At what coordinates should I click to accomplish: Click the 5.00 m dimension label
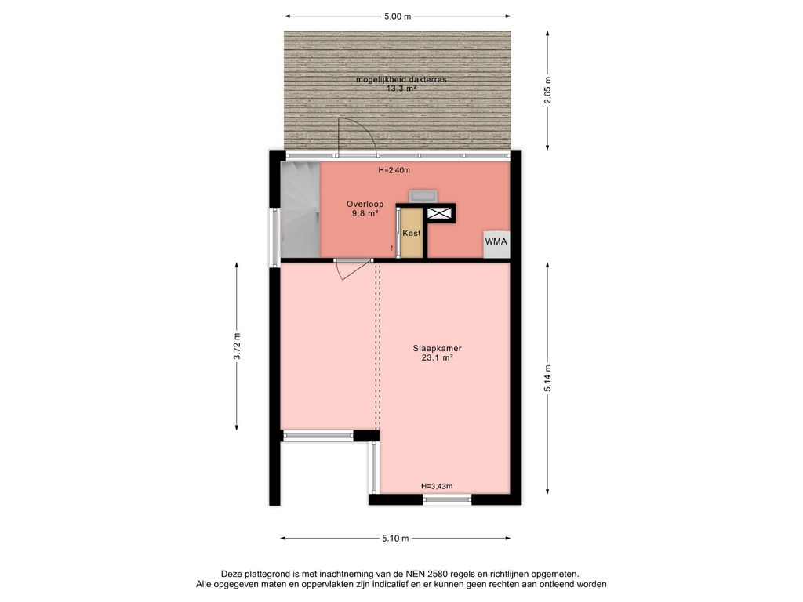click(398, 16)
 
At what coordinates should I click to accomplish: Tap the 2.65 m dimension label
click(548, 90)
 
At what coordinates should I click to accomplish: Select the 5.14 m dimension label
click(548, 379)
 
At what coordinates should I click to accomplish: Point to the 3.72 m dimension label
click(237, 346)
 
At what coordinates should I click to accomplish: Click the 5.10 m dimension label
click(395, 538)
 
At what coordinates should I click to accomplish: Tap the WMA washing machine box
click(496, 245)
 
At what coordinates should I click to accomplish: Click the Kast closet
click(412, 233)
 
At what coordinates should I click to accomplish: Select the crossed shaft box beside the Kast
click(440, 213)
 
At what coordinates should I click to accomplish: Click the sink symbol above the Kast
click(423, 195)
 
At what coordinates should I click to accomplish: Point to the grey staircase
click(300, 210)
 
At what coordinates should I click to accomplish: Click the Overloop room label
click(365, 209)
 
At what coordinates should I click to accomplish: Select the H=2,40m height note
click(394, 170)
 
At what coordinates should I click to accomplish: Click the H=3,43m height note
click(436, 486)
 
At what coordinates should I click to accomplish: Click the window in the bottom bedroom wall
click(447, 499)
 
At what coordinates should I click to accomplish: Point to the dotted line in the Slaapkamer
click(378, 346)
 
